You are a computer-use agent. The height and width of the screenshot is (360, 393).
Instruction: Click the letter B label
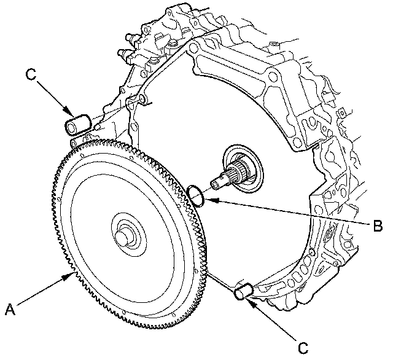[379, 224]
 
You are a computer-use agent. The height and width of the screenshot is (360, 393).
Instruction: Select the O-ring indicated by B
[196, 195]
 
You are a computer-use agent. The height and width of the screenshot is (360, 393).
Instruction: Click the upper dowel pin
[79, 124]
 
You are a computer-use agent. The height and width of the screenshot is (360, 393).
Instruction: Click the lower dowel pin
[244, 291]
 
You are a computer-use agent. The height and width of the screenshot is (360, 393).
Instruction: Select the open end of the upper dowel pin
[72, 127]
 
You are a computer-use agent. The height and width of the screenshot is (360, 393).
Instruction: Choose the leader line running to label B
[289, 211]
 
